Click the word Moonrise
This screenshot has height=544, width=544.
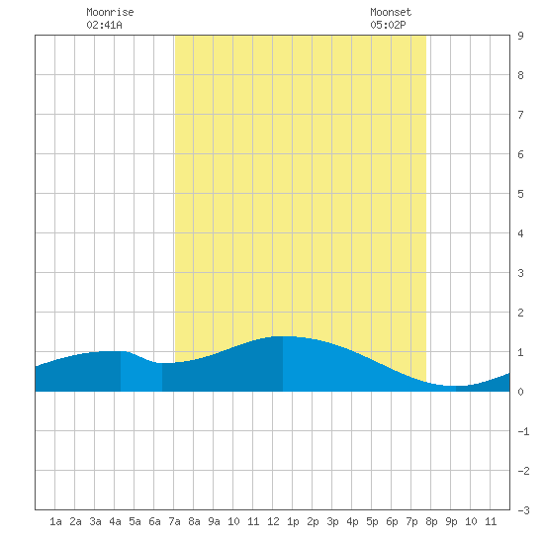[110, 12]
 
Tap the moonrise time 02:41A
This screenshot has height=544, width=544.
[104, 25]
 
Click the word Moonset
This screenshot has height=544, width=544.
[391, 12]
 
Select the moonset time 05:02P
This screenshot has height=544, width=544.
[388, 25]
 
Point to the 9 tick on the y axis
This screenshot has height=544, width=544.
[520, 36]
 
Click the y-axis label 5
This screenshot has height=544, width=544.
[520, 194]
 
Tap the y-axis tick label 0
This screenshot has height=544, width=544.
[520, 392]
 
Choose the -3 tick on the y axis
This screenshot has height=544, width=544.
[523, 510]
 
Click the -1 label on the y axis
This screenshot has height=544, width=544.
[523, 431]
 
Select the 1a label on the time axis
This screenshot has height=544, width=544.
[55, 521]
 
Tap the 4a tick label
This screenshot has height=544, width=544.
[115, 521]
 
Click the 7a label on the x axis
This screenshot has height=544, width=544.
[174, 521]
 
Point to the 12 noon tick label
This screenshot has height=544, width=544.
[273, 521]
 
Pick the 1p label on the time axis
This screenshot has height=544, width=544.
[293, 521]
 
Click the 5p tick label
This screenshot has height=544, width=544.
[372, 521]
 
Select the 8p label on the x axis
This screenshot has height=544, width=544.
[431, 521]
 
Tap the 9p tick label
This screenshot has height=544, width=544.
[451, 521]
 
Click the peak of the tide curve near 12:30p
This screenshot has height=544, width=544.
[283, 336]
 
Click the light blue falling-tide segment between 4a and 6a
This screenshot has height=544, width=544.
[141, 373]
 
